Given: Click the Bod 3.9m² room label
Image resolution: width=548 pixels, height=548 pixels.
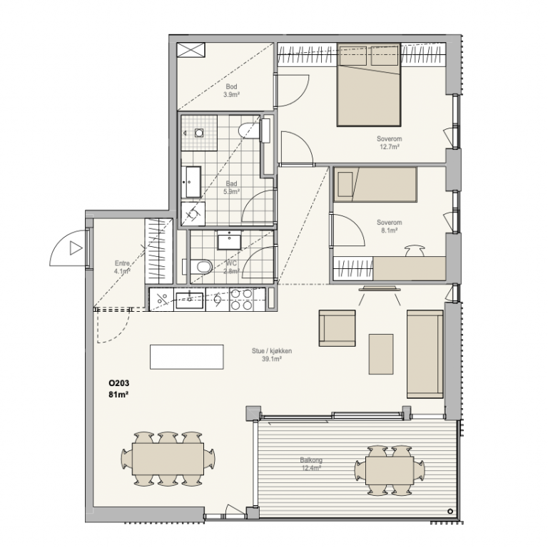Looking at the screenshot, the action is tap(231, 90).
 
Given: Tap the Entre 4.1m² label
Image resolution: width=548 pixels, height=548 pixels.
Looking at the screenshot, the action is tap(122, 267).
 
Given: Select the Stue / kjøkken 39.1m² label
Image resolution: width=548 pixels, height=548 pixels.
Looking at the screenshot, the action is tap(272, 355).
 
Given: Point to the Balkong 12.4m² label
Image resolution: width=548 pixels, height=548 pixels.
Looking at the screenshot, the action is tap(311, 464).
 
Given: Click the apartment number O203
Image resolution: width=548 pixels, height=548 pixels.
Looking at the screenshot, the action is tap(119, 383).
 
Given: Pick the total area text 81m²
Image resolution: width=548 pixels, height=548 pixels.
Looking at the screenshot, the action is tap(118, 395).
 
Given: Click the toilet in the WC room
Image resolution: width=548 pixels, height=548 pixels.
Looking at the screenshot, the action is tap(201, 267).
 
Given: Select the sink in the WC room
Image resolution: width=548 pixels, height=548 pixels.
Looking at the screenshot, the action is tap(229, 240).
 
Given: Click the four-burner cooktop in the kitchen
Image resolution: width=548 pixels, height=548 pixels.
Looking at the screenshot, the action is tap(241, 300).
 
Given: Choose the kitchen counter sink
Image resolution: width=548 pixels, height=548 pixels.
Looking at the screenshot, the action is tap(189, 300).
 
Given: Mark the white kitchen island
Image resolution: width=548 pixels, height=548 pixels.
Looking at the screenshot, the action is tap(187, 357).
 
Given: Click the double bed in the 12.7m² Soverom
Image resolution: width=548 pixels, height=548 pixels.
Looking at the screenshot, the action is tap(369, 85).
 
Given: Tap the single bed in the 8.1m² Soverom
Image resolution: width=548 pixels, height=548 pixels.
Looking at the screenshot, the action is tap(375, 184).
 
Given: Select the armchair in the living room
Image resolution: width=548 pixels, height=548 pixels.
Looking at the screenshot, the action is tap(337, 328).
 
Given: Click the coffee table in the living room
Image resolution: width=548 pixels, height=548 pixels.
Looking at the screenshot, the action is tap(381, 354).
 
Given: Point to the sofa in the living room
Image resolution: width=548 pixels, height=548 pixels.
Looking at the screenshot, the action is tap(425, 354).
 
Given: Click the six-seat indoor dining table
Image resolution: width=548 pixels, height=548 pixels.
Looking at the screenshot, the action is tap(168, 459).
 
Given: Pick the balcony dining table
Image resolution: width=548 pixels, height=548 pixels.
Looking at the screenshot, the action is tap(390, 470).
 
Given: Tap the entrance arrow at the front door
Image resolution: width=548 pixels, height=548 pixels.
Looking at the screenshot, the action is tap(76, 248).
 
